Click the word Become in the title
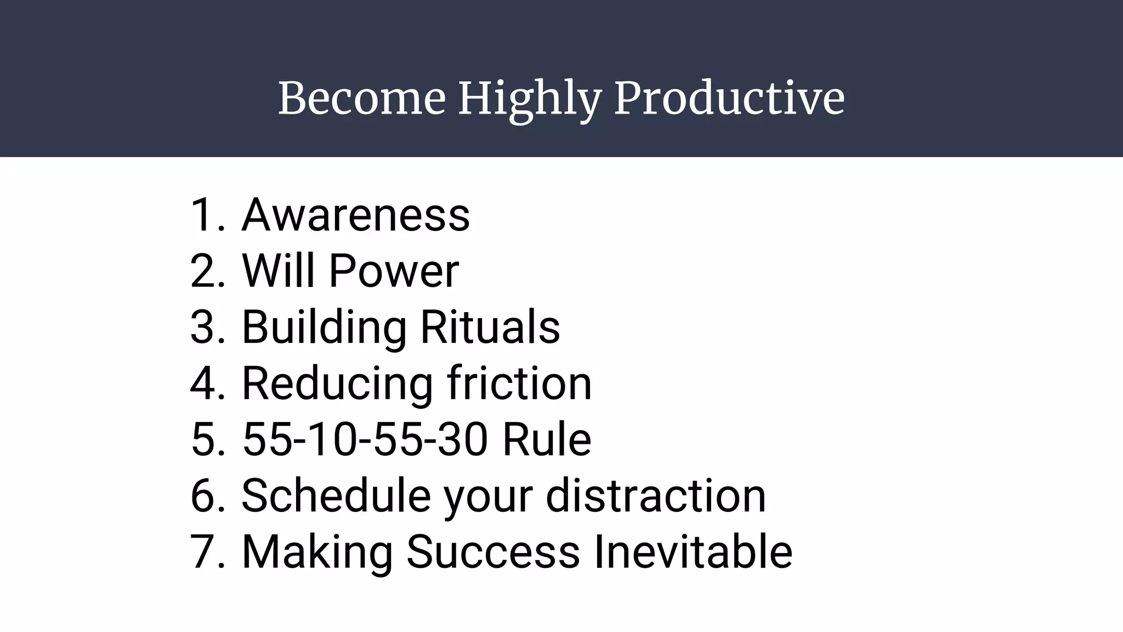[x=361, y=99]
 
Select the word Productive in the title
[x=729, y=99]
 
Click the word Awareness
[x=355, y=215]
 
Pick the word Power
[x=393, y=271]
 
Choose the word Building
[x=324, y=328]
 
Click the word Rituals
[x=490, y=328]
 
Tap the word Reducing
[x=337, y=384]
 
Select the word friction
[x=519, y=383]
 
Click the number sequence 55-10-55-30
[x=365, y=440]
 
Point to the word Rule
[x=547, y=440]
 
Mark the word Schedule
[x=336, y=496]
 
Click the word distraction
[x=656, y=496]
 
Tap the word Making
[x=317, y=553]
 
